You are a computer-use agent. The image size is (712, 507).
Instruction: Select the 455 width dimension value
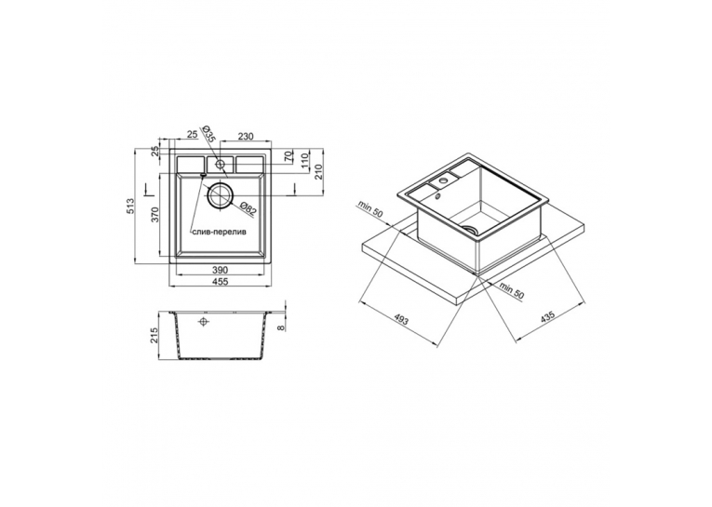[221, 282]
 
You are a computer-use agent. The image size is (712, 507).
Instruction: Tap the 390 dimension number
[221, 270]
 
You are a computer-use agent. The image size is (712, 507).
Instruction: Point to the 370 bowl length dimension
[154, 214]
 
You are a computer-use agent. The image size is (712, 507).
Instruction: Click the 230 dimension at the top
[245, 136]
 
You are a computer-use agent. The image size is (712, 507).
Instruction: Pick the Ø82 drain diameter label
[248, 207]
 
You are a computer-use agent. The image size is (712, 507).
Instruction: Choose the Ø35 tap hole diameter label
[208, 135]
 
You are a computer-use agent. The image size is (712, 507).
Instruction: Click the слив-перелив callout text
[219, 232]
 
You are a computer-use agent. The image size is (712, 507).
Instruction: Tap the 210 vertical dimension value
[318, 171]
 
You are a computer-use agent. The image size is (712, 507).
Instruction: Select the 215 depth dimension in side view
[154, 337]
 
